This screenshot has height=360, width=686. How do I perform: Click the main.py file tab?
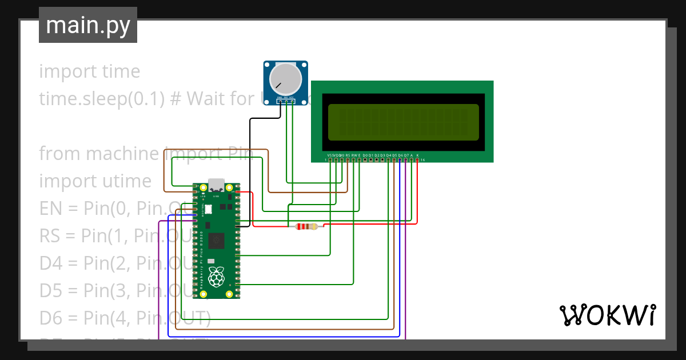(87, 25)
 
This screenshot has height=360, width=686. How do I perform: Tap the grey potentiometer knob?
(286, 79)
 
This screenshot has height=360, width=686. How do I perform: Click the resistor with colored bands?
(306, 227)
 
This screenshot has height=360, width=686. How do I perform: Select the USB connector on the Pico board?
(217, 185)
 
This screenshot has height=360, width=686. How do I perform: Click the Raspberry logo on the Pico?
(216, 277)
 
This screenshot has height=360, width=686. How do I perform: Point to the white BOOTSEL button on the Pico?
(208, 210)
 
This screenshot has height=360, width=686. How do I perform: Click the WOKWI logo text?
(607, 315)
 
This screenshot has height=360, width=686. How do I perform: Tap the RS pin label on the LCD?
(348, 155)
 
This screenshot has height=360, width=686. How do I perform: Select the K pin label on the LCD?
(417, 155)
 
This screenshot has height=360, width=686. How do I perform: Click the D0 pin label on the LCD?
(365, 155)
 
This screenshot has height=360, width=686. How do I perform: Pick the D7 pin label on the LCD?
(406, 155)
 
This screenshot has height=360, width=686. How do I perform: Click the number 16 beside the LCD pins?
(422, 161)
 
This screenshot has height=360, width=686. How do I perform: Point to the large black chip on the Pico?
(217, 241)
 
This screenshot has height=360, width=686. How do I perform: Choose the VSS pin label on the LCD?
(330, 155)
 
